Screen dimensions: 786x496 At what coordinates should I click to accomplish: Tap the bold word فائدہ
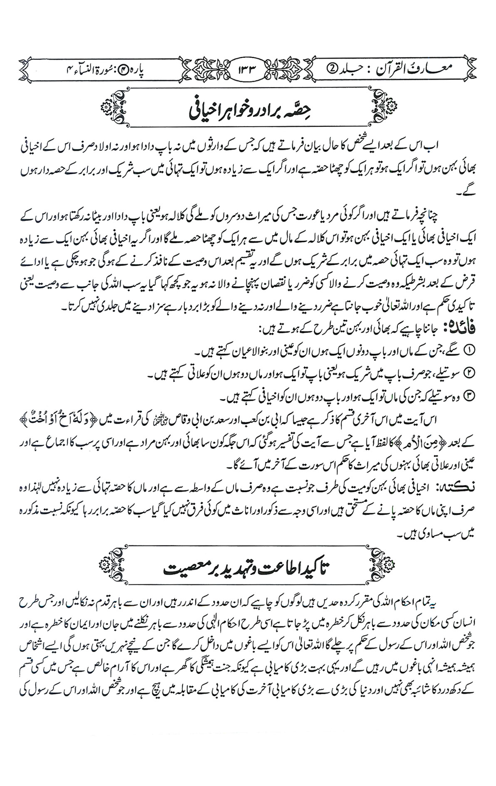tap(466, 329)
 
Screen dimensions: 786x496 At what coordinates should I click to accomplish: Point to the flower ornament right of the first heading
tap(393, 108)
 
